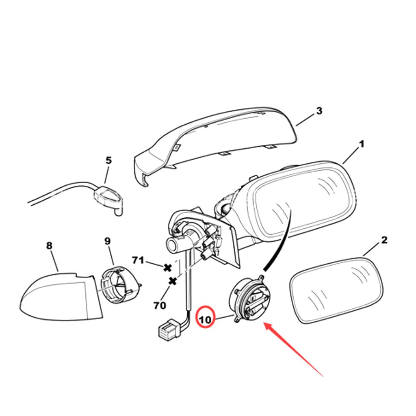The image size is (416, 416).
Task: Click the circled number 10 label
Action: point(206,319)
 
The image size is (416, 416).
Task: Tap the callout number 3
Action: point(319,110)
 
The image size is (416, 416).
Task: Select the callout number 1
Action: point(361,144)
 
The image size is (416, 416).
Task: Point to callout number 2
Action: point(384,240)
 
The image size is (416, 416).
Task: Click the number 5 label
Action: point(108,160)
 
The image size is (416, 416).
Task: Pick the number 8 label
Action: point(49,245)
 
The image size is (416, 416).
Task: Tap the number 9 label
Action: point(107,241)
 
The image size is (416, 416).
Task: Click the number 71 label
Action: point(138,260)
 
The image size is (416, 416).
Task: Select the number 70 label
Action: point(160,305)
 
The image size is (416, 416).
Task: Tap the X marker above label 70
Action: point(173,281)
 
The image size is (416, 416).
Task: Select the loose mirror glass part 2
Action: point(337,289)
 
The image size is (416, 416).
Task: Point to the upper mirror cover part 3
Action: point(219,138)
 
